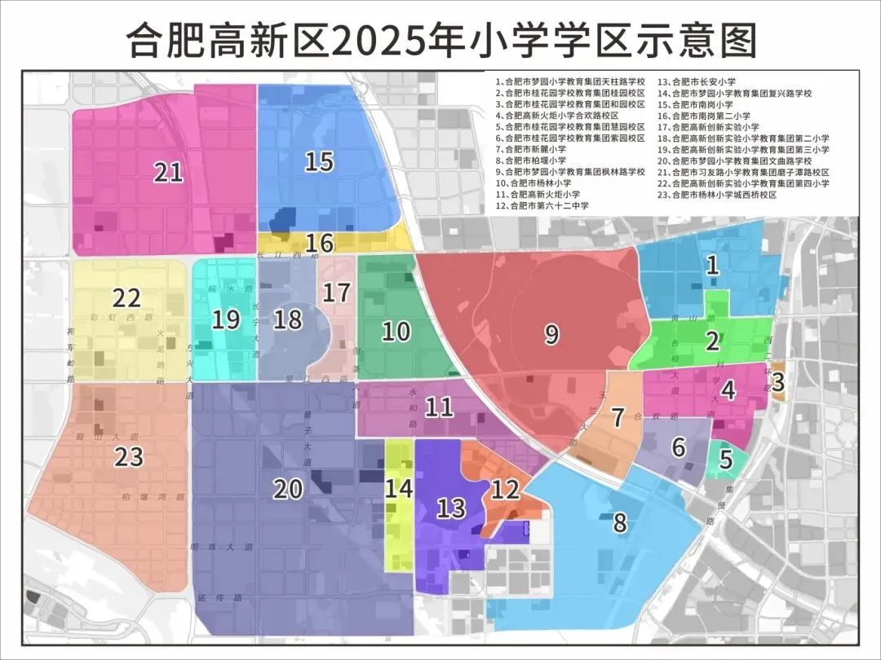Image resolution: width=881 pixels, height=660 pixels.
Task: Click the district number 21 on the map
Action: tap(169, 172)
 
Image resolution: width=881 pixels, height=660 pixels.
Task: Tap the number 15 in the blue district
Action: tap(319, 161)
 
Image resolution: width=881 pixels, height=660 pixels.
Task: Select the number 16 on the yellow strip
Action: tap(321, 243)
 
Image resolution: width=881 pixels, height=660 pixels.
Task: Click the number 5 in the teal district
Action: tap(725, 462)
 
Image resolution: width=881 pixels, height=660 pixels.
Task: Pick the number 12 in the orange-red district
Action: tap(505, 489)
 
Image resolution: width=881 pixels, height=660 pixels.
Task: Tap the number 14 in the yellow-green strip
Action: tap(399, 488)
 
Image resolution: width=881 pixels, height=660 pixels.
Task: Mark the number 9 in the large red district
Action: tap(551, 333)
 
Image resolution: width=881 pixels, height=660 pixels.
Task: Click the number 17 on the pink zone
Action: tap(336, 292)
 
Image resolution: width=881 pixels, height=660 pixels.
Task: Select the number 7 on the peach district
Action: tap(618, 417)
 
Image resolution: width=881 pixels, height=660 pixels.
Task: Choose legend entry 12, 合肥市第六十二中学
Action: tap(542, 206)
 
